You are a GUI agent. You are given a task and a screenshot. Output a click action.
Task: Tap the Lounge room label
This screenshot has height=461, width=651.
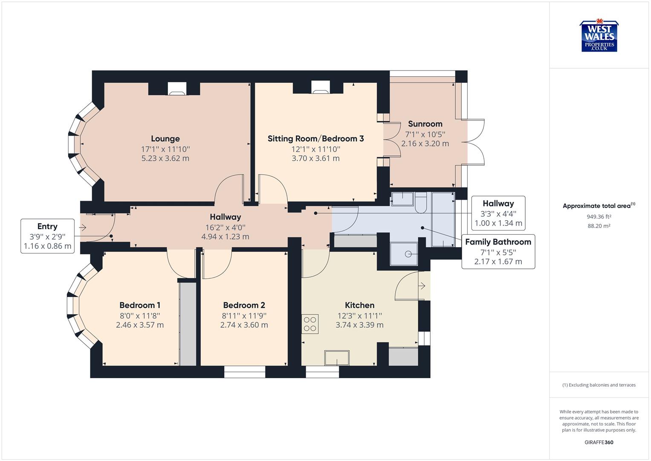(165, 139)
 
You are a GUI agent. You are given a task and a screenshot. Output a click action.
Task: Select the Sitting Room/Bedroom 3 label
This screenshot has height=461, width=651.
(315, 139)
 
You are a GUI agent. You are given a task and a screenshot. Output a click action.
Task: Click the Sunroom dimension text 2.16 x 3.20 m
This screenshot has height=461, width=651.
(425, 143)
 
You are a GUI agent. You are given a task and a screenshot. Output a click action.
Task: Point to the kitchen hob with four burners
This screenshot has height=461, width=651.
(310, 324)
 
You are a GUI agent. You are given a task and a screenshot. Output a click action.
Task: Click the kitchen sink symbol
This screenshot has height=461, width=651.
(337, 358)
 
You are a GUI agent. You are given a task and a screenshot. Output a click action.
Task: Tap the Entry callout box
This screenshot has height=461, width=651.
(47, 236)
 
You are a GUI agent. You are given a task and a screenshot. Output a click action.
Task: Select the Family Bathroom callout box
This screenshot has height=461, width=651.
(498, 251)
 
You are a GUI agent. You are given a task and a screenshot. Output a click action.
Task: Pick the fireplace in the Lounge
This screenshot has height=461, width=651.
(176, 88)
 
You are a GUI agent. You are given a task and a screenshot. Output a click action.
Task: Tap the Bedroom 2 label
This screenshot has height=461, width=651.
(244, 305)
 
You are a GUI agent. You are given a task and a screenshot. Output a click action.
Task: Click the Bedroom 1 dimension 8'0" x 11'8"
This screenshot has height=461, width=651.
(140, 316)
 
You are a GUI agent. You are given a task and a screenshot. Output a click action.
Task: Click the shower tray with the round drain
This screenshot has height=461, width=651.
(404, 254)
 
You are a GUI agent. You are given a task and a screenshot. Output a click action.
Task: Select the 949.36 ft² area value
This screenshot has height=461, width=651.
(599, 216)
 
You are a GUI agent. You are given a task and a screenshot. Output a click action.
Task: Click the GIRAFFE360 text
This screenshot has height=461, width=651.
(599, 442)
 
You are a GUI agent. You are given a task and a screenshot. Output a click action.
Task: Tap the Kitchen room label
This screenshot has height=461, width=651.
(359, 305)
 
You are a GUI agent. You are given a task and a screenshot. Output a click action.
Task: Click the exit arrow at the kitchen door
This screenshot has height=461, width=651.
(422, 286)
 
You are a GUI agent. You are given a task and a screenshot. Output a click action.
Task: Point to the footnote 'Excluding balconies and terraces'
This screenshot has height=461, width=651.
(599, 385)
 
